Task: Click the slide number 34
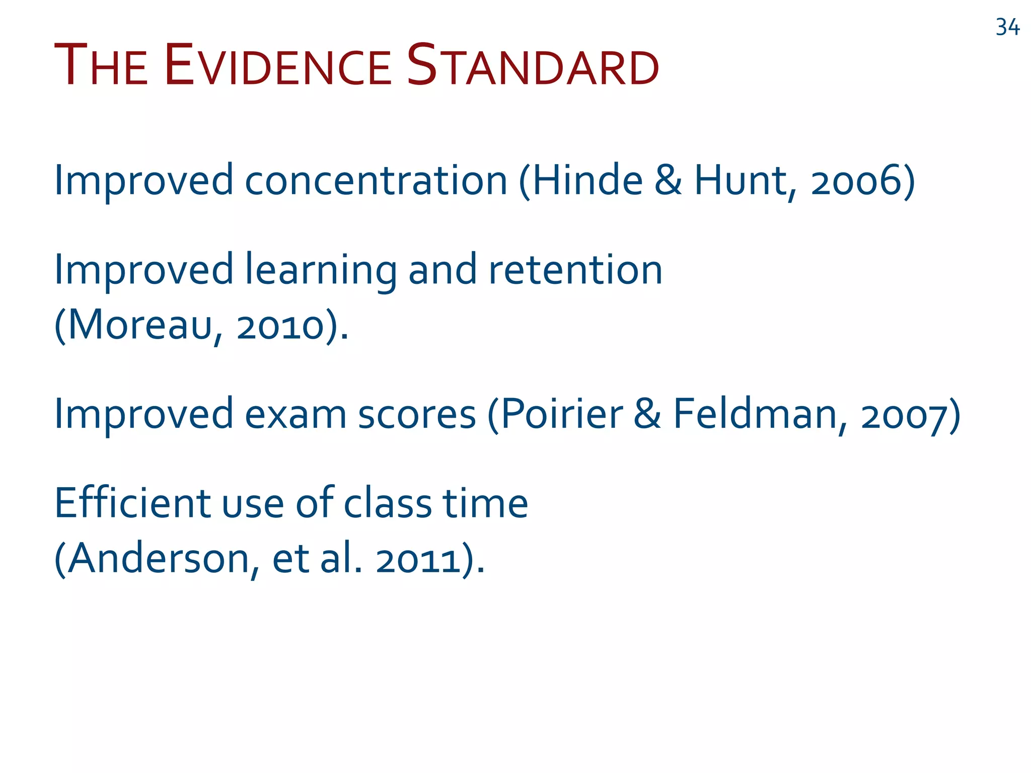tap(1007, 27)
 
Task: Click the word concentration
tap(376, 181)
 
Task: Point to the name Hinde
tap(587, 181)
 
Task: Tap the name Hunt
tap(742, 181)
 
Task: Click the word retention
tap(575, 270)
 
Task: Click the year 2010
tap(280, 326)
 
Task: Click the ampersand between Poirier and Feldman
tap(647, 414)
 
